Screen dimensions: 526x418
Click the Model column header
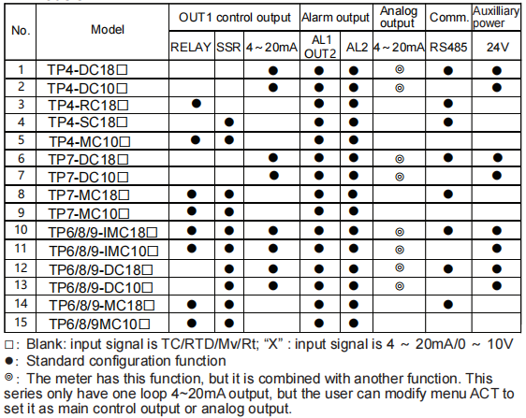click(108, 30)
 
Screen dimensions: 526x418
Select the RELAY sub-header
click(191, 47)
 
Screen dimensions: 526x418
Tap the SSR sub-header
click(228, 47)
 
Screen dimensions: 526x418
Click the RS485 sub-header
click(448, 47)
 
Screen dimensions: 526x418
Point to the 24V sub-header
click(498, 47)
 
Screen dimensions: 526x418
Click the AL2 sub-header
click(357, 47)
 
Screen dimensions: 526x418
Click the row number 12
click(21, 268)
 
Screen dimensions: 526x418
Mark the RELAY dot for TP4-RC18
click(197, 104)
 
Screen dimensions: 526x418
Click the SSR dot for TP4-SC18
click(229, 122)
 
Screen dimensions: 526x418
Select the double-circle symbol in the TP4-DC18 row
click(400, 69)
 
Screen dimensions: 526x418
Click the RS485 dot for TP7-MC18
click(448, 195)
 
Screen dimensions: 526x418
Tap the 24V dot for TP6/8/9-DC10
click(497, 286)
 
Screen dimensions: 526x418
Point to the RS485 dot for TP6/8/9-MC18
click(448, 304)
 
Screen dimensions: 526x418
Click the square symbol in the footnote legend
click(9, 345)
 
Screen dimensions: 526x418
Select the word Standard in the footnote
click(55, 361)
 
